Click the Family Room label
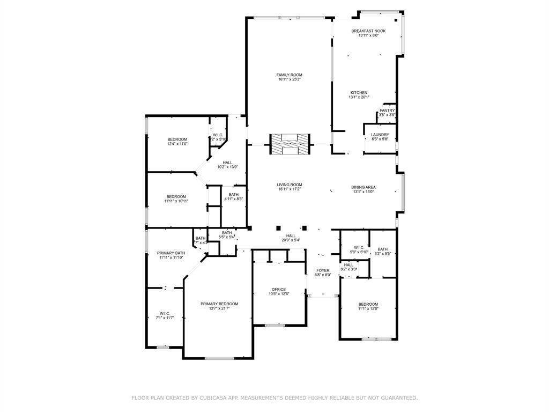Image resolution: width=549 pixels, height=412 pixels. point(289,75)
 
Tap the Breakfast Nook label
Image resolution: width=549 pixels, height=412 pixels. point(368,31)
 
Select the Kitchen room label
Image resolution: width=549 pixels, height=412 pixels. point(359,93)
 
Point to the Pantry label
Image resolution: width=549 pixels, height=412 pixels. point(387,111)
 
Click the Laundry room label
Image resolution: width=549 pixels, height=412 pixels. point(380,135)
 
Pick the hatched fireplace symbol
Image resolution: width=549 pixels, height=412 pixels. point(290,144)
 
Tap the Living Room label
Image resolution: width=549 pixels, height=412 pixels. point(290,185)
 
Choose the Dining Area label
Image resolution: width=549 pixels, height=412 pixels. point(363,187)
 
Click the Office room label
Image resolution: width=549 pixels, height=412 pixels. point(278,289)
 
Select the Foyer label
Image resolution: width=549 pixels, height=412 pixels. point(323,270)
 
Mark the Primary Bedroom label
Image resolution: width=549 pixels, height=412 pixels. point(219,304)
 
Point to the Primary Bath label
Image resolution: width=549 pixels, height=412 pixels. point(171,253)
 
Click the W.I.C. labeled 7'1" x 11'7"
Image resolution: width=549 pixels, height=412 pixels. point(165,313)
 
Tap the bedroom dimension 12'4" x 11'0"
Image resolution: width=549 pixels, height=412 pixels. point(177,144)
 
